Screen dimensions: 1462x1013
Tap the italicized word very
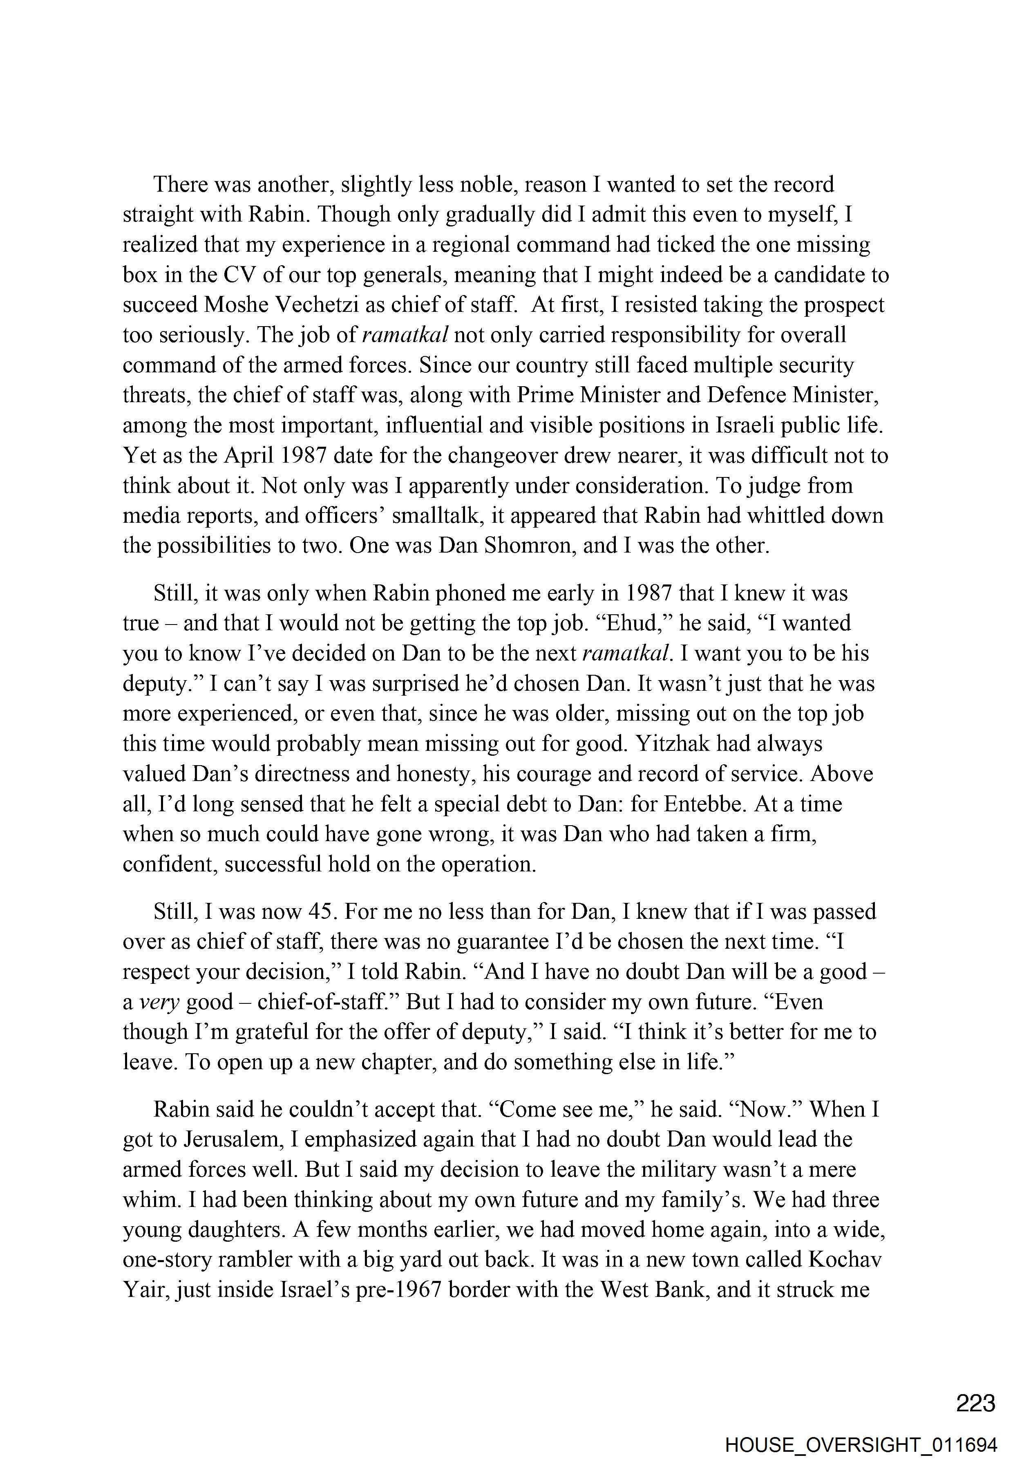[x=159, y=1002]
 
